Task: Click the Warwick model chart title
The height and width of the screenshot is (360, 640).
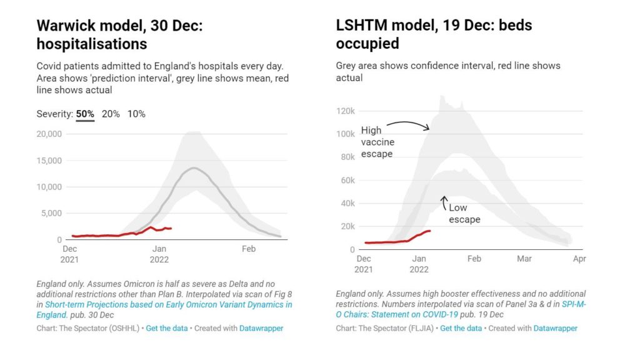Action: [124, 35]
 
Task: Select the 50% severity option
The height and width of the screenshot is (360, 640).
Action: [86, 114]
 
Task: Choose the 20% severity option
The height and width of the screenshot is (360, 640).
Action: [111, 114]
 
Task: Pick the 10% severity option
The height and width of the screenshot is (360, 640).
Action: [136, 114]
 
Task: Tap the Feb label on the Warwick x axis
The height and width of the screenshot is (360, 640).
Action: [248, 249]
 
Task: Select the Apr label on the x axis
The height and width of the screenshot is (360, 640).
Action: [579, 259]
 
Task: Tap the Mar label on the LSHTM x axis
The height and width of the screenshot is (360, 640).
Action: [524, 259]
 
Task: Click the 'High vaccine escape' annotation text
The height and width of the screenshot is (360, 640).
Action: [377, 142]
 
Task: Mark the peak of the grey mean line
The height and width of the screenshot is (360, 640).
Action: [194, 167]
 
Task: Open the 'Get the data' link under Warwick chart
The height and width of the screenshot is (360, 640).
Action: [164, 328]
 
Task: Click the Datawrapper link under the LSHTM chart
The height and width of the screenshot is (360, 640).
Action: [555, 328]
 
